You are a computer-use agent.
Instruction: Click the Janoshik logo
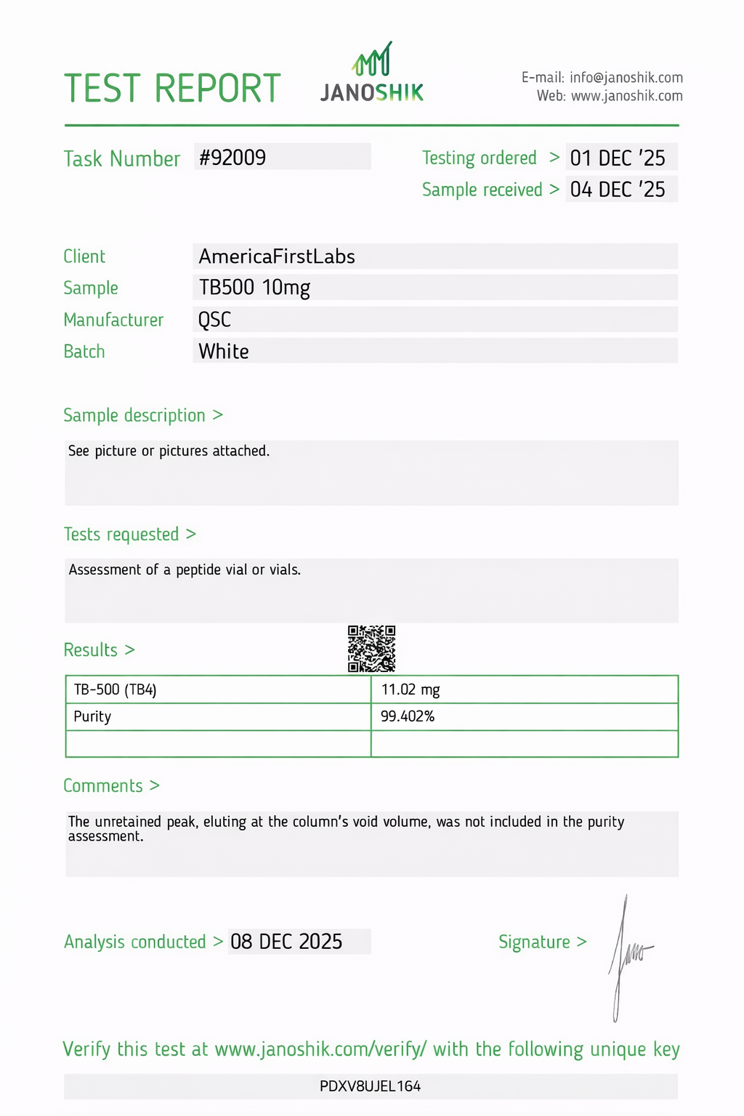(372, 73)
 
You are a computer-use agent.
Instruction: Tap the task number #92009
(233, 158)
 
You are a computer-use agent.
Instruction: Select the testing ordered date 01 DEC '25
(617, 158)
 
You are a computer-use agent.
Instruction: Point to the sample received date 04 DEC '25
(617, 190)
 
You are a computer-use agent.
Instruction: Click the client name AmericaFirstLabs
(277, 256)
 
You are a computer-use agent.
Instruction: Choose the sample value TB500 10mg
(254, 288)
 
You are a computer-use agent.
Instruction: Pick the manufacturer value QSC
(215, 320)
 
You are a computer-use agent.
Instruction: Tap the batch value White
(224, 352)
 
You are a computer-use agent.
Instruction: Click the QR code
(371, 648)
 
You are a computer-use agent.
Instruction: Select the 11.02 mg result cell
(411, 690)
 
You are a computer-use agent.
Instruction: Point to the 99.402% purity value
(408, 716)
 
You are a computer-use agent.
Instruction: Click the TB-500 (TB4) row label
(115, 690)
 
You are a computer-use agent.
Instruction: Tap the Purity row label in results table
(92, 716)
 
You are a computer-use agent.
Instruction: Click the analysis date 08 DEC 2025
(286, 942)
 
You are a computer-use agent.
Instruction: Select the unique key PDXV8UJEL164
(371, 1086)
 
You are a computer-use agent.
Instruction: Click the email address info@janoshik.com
(626, 78)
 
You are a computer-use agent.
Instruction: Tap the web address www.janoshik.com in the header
(627, 96)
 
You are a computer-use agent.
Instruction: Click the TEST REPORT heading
(172, 89)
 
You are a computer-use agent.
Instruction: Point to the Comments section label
(103, 785)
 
